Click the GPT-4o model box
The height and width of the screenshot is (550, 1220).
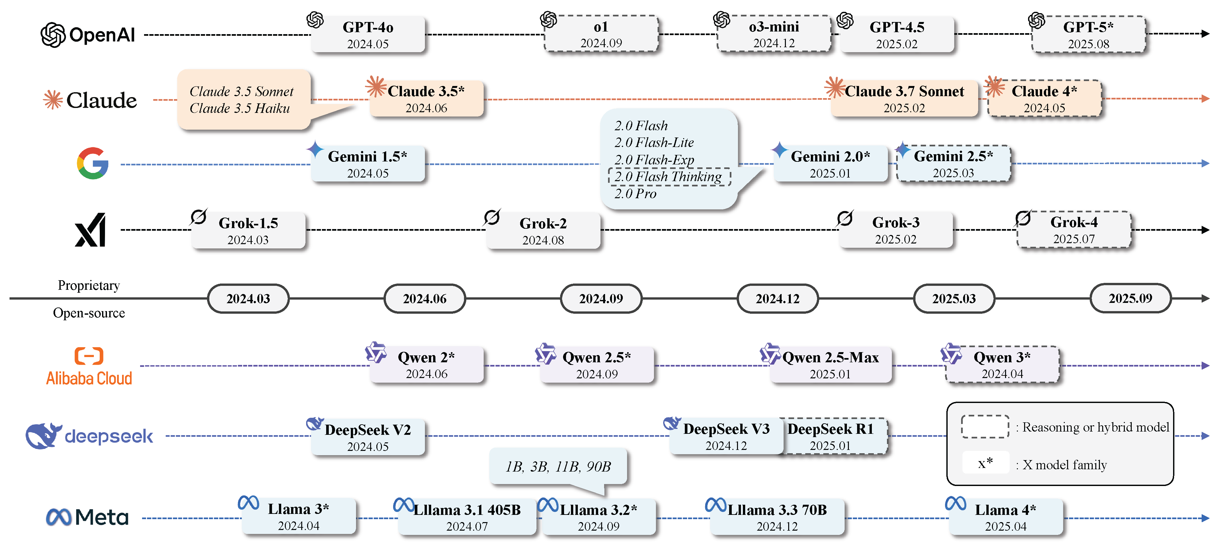coord(368,34)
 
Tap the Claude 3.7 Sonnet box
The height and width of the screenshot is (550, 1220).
coord(904,98)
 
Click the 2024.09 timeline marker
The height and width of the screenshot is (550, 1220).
coord(601,298)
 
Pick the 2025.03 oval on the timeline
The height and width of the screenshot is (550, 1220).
coord(954,298)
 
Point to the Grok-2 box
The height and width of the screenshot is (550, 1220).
coord(543,231)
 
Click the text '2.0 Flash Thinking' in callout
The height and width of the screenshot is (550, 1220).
coord(668,177)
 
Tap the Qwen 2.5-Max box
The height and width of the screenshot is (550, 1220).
coord(830,365)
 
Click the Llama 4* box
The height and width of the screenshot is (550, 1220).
coord(1005,517)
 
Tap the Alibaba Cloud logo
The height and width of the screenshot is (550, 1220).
coord(89,366)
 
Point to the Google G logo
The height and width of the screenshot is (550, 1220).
coord(93,163)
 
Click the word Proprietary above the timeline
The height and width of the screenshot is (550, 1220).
coord(89,285)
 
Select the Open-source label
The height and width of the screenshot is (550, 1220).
coord(89,313)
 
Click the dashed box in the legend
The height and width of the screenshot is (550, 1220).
coord(985,427)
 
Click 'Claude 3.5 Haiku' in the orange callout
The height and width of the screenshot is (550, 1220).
coord(240,109)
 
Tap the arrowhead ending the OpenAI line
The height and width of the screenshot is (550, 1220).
coord(1205,33)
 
